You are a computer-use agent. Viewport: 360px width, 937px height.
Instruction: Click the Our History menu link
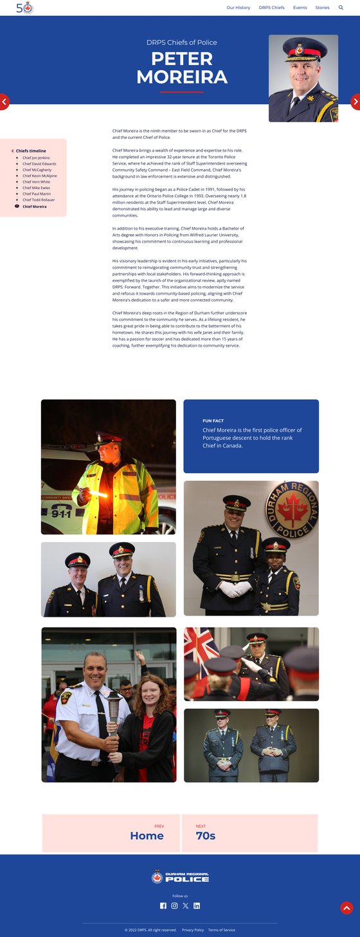(238, 8)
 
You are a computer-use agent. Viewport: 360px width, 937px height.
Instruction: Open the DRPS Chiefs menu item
(271, 8)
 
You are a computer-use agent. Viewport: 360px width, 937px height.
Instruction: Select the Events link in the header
(300, 8)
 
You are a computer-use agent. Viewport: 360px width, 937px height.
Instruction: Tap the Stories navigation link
(322, 8)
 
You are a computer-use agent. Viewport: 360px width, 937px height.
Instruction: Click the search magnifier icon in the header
(341, 8)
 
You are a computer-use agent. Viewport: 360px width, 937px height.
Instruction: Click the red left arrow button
(4, 102)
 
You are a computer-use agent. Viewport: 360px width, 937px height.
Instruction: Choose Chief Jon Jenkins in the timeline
(36, 158)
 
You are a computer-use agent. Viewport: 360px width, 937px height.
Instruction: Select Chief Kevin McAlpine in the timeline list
(39, 176)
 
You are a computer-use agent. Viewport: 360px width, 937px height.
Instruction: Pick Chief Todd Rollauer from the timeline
(39, 200)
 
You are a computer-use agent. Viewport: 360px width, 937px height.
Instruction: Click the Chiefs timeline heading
(31, 151)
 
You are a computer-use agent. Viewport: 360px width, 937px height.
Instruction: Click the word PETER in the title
(182, 59)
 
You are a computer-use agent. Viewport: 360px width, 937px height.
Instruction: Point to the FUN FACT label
(213, 421)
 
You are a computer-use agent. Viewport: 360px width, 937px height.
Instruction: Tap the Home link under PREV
(147, 836)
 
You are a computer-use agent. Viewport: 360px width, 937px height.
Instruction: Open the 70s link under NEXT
(206, 836)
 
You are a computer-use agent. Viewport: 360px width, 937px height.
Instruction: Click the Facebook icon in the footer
(163, 905)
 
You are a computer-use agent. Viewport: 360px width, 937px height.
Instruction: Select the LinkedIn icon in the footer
(197, 905)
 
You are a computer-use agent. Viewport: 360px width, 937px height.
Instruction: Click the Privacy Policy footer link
(193, 930)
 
